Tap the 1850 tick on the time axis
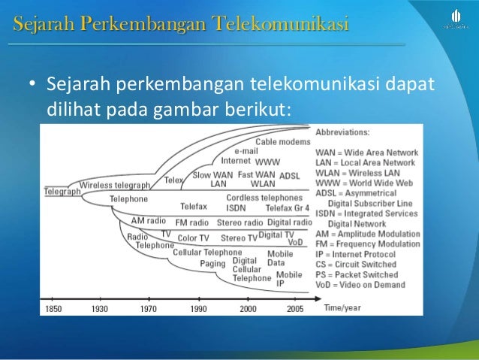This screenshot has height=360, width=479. [x=55, y=308]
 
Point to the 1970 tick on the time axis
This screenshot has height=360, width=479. [x=149, y=308]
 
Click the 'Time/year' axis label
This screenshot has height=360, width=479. [x=342, y=307]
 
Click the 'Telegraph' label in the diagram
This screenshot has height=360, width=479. [x=61, y=192]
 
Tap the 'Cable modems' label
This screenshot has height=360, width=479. [x=282, y=142]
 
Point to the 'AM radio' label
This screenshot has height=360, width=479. [x=148, y=222]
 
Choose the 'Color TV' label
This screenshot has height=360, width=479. [x=193, y=238]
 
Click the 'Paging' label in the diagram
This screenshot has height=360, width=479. [x=212, y=264]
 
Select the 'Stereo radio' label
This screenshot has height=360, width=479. [x=240, y=222]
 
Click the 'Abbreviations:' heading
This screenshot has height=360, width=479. [x=342, y=132]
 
